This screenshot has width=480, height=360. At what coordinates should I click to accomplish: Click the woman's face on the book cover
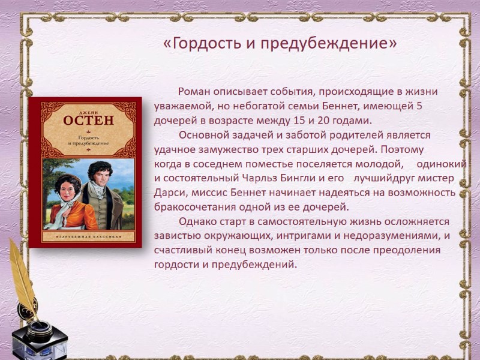point(64,187)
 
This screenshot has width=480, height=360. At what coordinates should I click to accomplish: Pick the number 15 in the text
point(306,119)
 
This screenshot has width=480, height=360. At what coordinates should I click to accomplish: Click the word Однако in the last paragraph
point(197,221)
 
